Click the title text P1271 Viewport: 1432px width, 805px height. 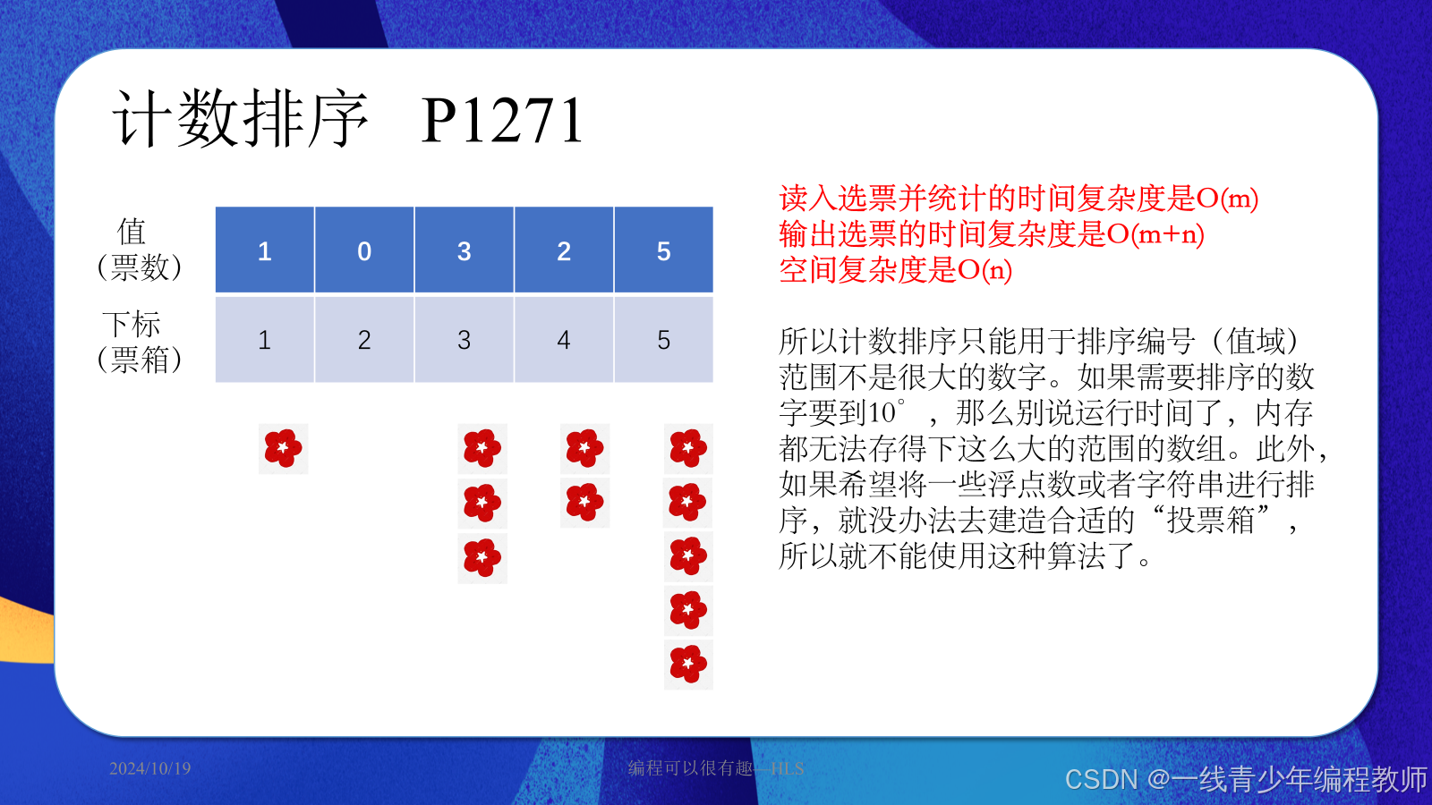click(x=502, y=121)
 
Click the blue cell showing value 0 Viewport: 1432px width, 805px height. click(x=364, y=250)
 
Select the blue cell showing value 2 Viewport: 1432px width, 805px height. click(x=564, y=250)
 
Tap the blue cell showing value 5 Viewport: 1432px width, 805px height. click(x=663, y=250)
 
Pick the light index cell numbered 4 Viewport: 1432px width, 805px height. click(x=564, y=340)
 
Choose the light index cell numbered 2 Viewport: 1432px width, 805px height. click(x=364, y=340)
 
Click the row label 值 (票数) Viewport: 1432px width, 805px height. click(x=138, y=249)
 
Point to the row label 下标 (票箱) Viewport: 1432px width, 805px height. click(x=138, y=341)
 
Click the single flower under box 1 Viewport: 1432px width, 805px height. click(x=283, y=448)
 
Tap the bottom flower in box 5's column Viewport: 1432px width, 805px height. click(x=688, y=664)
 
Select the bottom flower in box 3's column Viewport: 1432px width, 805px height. click(x=482, y=558)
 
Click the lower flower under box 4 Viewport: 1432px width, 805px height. click(x=584, y=503)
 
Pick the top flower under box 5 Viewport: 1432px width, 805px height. click(x=688, y=448)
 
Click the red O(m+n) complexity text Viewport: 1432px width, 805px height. click(x=1155, y=234)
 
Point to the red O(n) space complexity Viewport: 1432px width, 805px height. click(x=984, y=270)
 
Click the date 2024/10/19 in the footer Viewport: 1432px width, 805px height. click(x=150, y=768)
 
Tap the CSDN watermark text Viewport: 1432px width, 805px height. click(x=1245, y=779)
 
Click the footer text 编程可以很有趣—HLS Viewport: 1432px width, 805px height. click(x=716, y=768)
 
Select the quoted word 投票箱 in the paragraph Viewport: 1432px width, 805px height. click(x=1210, y=521)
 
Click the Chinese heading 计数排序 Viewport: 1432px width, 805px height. click(x=240, y=119)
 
